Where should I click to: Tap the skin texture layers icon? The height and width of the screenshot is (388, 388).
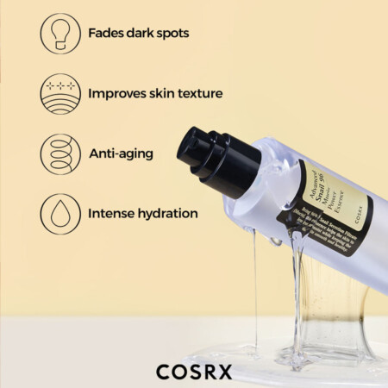click(x=59, y=93)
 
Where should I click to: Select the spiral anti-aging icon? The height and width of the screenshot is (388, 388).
click(x=59, y=153)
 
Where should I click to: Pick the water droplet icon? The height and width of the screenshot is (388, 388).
click(x=59, y=212)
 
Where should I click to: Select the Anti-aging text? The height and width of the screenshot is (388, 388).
click(x=121, y=153)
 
